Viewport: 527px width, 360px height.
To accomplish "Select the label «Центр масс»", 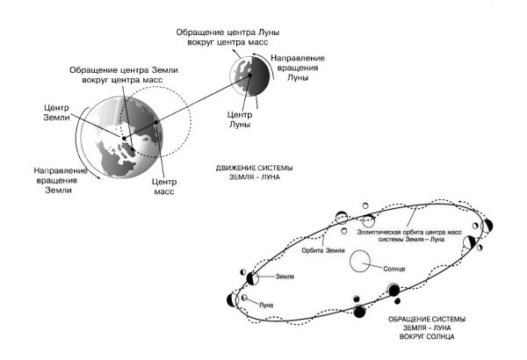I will pyautogui.click(x=163, y=185).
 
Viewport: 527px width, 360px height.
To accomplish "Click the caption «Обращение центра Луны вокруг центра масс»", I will pyautogui.click(x=227, y=36).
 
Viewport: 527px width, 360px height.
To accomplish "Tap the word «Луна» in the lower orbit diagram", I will pyautogui.click(x=266, y=305).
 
